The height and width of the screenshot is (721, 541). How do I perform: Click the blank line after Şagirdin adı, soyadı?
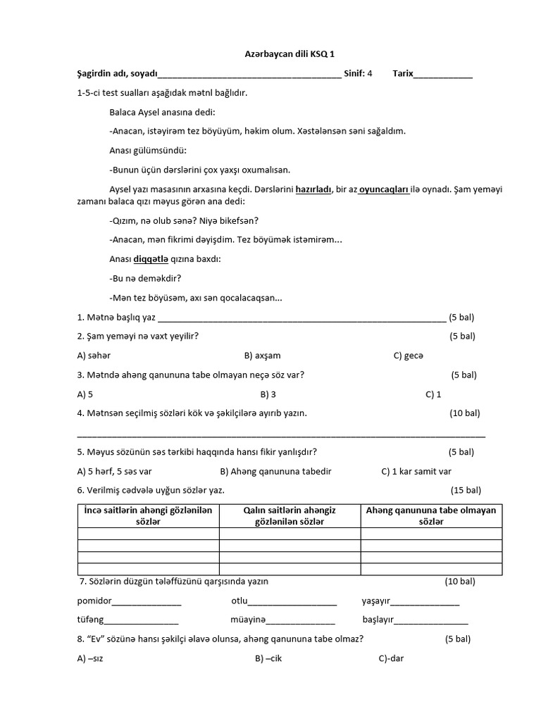(249, 75)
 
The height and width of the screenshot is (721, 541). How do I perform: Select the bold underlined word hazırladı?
(313, 189)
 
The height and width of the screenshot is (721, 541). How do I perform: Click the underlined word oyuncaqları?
(384, 189)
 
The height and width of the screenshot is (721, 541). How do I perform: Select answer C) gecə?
(409, 356)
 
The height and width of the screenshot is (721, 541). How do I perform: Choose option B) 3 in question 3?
(268, 394)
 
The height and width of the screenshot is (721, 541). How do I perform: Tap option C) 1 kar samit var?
(416, 471)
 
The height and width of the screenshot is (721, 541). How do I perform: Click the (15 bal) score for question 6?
(466, 490)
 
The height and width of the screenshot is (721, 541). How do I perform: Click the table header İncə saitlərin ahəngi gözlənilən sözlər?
(148, 515)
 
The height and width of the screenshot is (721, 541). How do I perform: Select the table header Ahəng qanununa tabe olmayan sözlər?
(431, 515)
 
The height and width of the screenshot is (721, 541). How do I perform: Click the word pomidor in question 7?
(94, 601)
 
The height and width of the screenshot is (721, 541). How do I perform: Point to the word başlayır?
(378, 620)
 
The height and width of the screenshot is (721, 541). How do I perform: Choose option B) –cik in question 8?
(268, 658)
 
